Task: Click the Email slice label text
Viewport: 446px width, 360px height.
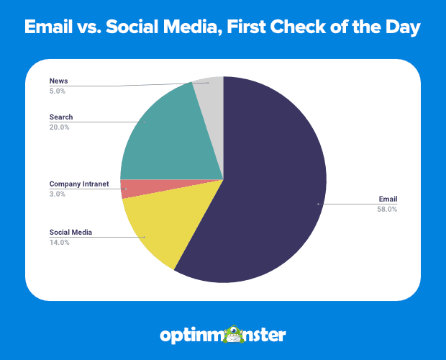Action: click(388, 199)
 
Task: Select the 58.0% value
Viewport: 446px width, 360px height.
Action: click(387, 210)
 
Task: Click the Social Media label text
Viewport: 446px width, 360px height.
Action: click(70, 233)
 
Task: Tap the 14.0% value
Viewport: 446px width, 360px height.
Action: click(59, 243)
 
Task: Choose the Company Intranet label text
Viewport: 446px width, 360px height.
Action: click(79, 184)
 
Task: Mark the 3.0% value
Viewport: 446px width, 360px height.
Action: click(58, 194)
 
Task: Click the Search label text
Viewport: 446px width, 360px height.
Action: click(61, 117)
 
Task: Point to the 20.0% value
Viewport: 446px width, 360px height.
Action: click(59, 127)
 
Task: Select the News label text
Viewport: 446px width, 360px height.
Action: click(58, 81)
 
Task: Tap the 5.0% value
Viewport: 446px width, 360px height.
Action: click(58, 91)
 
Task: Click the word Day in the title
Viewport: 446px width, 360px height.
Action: click(403, 27)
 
